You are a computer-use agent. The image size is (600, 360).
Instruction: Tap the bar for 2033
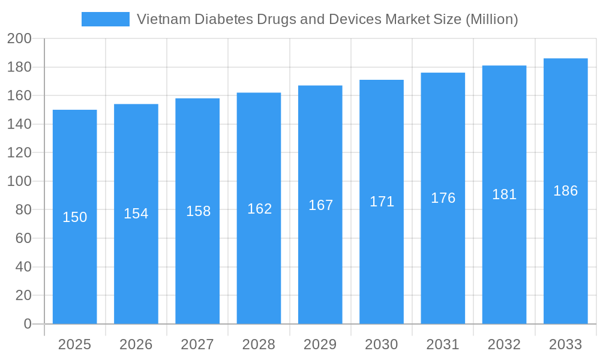click(565, 252)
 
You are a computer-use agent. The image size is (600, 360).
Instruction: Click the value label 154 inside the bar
click(136, 214)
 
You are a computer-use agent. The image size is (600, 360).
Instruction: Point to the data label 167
click(320, 205)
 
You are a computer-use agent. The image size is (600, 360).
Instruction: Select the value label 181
click(504, 194)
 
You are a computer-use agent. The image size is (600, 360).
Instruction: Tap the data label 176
click(443, 198)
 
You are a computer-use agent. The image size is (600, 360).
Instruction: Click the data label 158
click(198, 211)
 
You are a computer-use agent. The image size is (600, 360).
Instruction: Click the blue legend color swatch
click(105, 19)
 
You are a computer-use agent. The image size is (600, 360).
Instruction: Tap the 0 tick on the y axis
click(27, 324)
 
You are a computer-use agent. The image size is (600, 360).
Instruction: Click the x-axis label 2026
click(136, 344)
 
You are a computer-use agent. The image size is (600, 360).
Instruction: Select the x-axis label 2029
click(320, 344)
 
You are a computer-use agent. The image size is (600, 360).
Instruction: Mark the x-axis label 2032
click(504, 344)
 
